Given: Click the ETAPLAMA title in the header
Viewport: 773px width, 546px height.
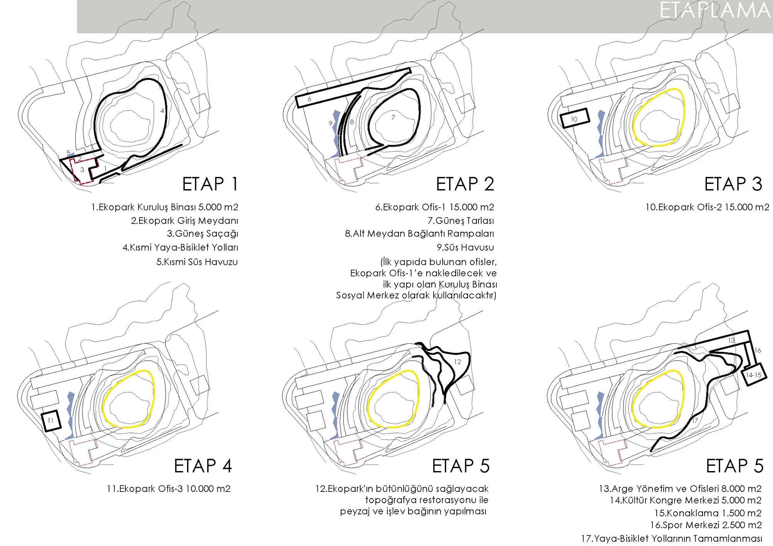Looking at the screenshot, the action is pyautogui.click(x=715, y=11).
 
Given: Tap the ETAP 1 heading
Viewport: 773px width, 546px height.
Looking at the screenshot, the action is pyautogui.click(x=210, y=184).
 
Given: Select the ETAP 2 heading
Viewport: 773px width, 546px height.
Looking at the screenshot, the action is pyautogui.click(x=465, y=184).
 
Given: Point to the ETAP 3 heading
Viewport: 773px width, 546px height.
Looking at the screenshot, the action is pyautogui.click(x=733, y=184).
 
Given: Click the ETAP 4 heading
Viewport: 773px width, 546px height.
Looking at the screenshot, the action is pyautogui.click(x=203, y=466).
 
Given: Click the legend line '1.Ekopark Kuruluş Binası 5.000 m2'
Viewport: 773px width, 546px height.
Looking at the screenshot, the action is pyautogui.click(x=165, y=207).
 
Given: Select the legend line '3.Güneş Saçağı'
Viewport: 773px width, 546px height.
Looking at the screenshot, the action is pyautogui.click(x=203, y=234).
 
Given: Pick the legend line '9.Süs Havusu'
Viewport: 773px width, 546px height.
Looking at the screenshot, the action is pyautogui.click(x=465, y=248).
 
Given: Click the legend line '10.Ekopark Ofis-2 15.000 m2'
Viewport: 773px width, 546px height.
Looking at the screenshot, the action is pyautogui.click(x=707, y=207).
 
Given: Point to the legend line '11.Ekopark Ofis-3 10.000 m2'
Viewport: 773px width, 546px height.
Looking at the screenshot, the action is pyautogui.click(x=169, y=489).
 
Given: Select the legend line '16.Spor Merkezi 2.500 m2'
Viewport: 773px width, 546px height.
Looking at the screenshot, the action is pyautogui.click(x=706, y=525).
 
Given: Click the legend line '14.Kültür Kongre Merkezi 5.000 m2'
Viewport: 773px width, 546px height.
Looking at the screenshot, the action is pyautogui.click(x=686, y=500).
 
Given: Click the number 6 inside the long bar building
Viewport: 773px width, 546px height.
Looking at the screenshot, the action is pyautogui.click(x=309, y=99).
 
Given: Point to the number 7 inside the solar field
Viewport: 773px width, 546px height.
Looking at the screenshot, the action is pyautogui.click(x=393, y=117).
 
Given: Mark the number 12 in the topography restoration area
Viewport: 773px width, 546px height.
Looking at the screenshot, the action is pyautogui.click(x=458, y=362).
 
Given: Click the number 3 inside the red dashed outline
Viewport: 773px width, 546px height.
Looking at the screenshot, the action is pyautogui.click(x=82, y=170).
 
